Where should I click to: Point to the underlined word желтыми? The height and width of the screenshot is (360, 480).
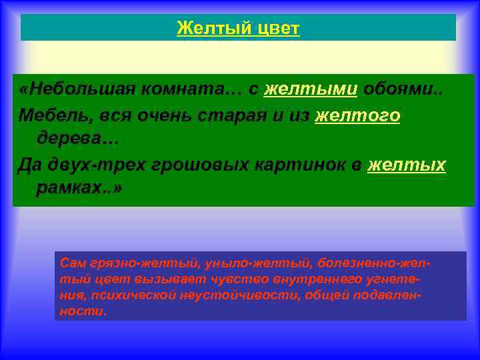click(311, 90)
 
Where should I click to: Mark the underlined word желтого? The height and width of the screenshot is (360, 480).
click(357, 116)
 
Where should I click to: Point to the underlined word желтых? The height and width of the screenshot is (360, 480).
click(406, 165)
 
